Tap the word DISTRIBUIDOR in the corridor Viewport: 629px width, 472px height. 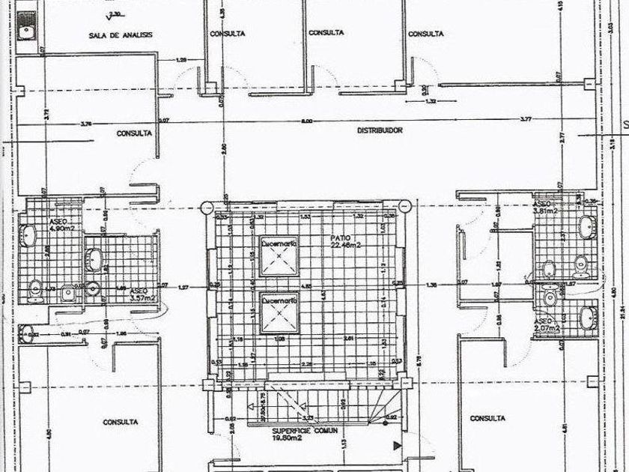380,130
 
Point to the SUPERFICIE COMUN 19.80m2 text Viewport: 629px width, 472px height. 305,435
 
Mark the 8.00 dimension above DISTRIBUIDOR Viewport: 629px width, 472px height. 306,121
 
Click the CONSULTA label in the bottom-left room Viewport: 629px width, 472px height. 121,420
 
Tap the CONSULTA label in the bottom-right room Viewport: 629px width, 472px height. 487,418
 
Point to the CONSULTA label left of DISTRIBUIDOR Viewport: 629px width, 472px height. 135,133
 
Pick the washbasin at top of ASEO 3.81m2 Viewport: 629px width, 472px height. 586,224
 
